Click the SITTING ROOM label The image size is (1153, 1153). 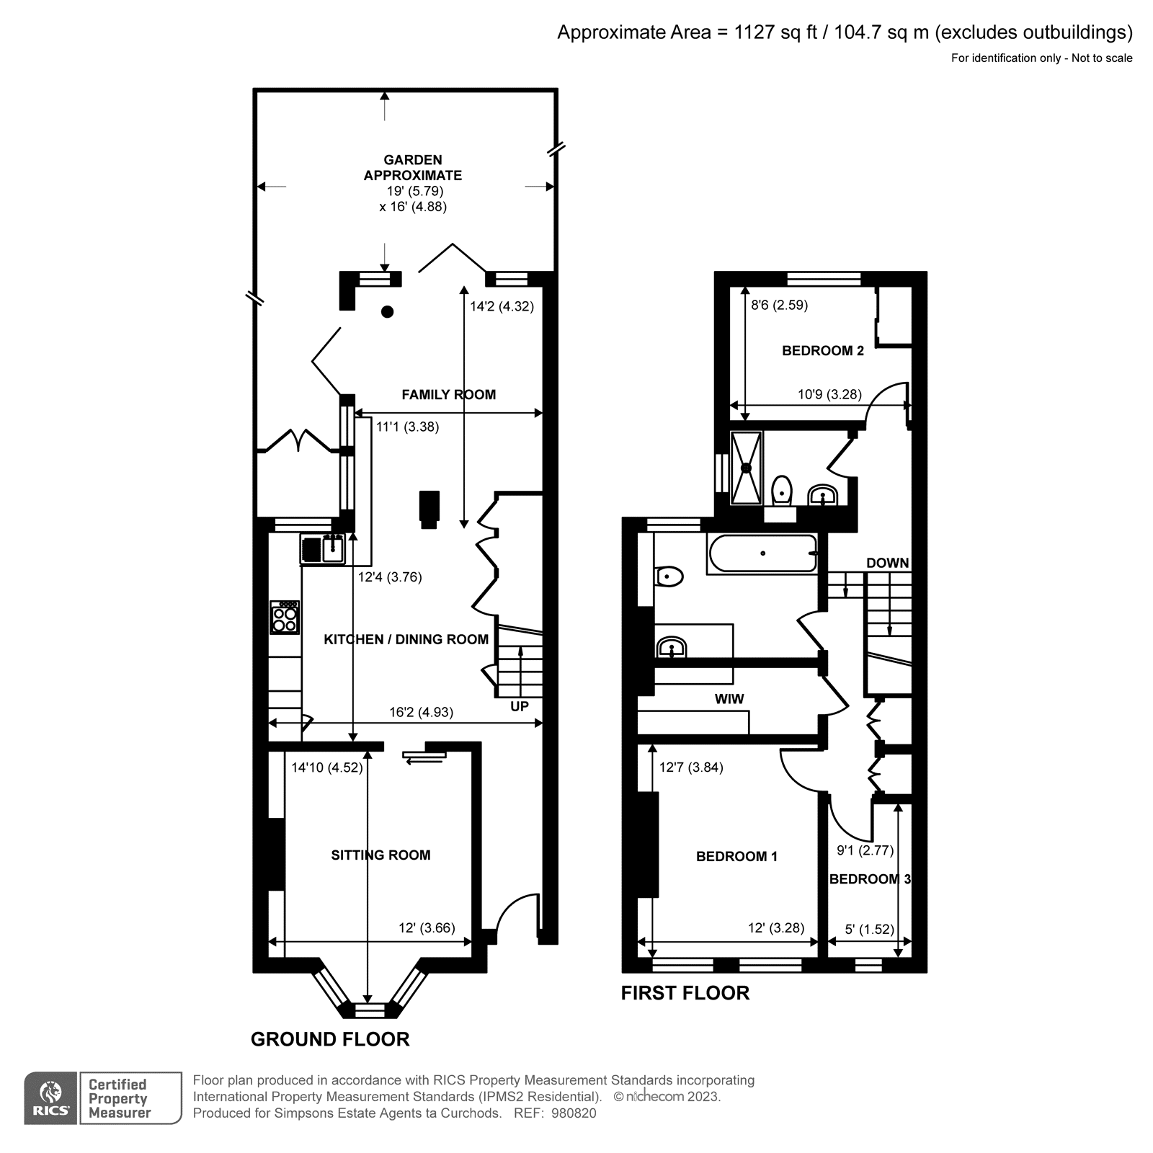pos(380,855)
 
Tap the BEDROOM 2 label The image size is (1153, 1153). pos(822,351)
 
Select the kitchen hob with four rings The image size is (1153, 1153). pos(285,618)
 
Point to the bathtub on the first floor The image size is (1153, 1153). pos(762,553)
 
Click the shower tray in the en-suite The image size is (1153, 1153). pos(747,468)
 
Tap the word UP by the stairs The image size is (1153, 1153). pos(519,706)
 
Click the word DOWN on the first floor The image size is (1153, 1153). pos(887,563)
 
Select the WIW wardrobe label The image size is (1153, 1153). pos(729,699)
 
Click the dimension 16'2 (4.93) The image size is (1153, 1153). pos(421,712)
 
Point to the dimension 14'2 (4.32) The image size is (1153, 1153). pos(502,306)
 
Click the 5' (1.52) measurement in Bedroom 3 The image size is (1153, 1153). pos(869,929)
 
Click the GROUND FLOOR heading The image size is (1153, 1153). pos(330,1039)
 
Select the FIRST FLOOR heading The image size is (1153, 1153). pos(685,993)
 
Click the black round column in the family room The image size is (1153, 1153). pos(388,311)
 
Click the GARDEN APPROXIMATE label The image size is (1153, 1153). pos(412,167)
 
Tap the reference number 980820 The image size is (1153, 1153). pos(574,1113)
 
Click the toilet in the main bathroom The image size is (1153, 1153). pos(670,576)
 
